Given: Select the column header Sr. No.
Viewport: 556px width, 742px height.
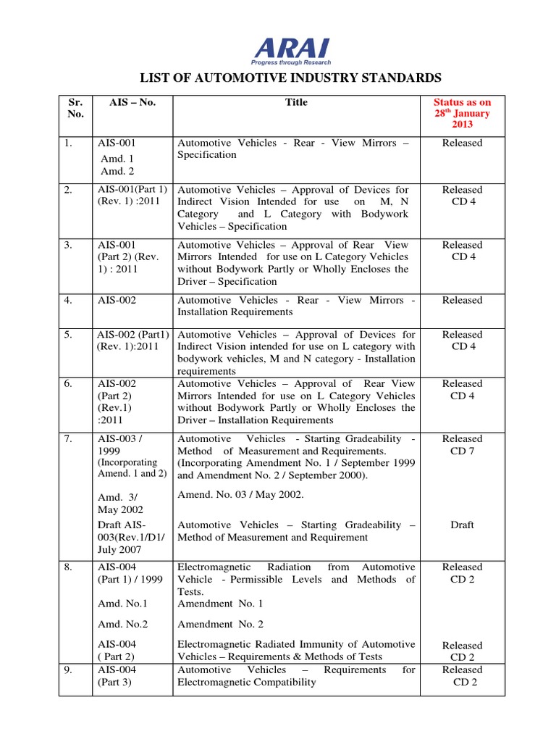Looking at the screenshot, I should click(75, 108).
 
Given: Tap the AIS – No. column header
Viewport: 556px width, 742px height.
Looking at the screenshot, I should click(132, 102).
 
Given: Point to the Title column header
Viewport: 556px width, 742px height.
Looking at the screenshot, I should click(296, 102).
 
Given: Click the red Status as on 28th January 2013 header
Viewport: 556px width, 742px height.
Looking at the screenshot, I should click(462, 113).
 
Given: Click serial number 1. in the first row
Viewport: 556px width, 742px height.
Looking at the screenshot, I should click(68, 143).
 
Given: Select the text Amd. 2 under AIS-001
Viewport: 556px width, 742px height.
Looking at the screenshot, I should click(117, 171).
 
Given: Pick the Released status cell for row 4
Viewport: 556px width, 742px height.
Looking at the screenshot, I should click(462, 300).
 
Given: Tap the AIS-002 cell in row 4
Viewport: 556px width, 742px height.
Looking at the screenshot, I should click(117, 300).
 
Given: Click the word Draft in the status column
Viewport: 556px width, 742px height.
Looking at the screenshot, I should click(462, 525).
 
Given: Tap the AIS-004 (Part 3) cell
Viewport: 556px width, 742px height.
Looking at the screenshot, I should click(119, 675).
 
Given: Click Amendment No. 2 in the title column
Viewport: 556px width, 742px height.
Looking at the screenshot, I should click(220, 624).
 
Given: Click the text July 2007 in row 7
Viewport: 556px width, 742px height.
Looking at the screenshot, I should click(119, 550).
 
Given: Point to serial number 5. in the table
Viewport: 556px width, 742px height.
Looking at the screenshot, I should click(68, 335).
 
